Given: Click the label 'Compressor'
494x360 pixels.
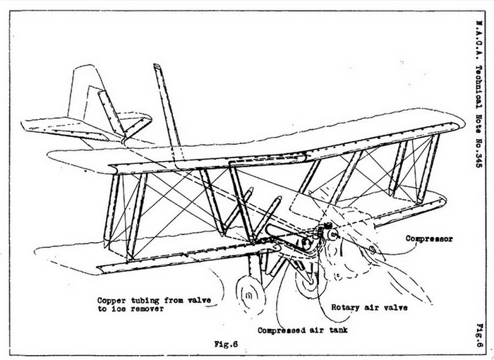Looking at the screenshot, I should tap(429, 239).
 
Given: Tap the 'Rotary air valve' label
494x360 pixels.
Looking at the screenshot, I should tap(370, 307).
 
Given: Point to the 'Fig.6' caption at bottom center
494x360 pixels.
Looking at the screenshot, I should tap(224, 344).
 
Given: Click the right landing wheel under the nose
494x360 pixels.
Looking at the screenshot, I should tap(306, 282).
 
